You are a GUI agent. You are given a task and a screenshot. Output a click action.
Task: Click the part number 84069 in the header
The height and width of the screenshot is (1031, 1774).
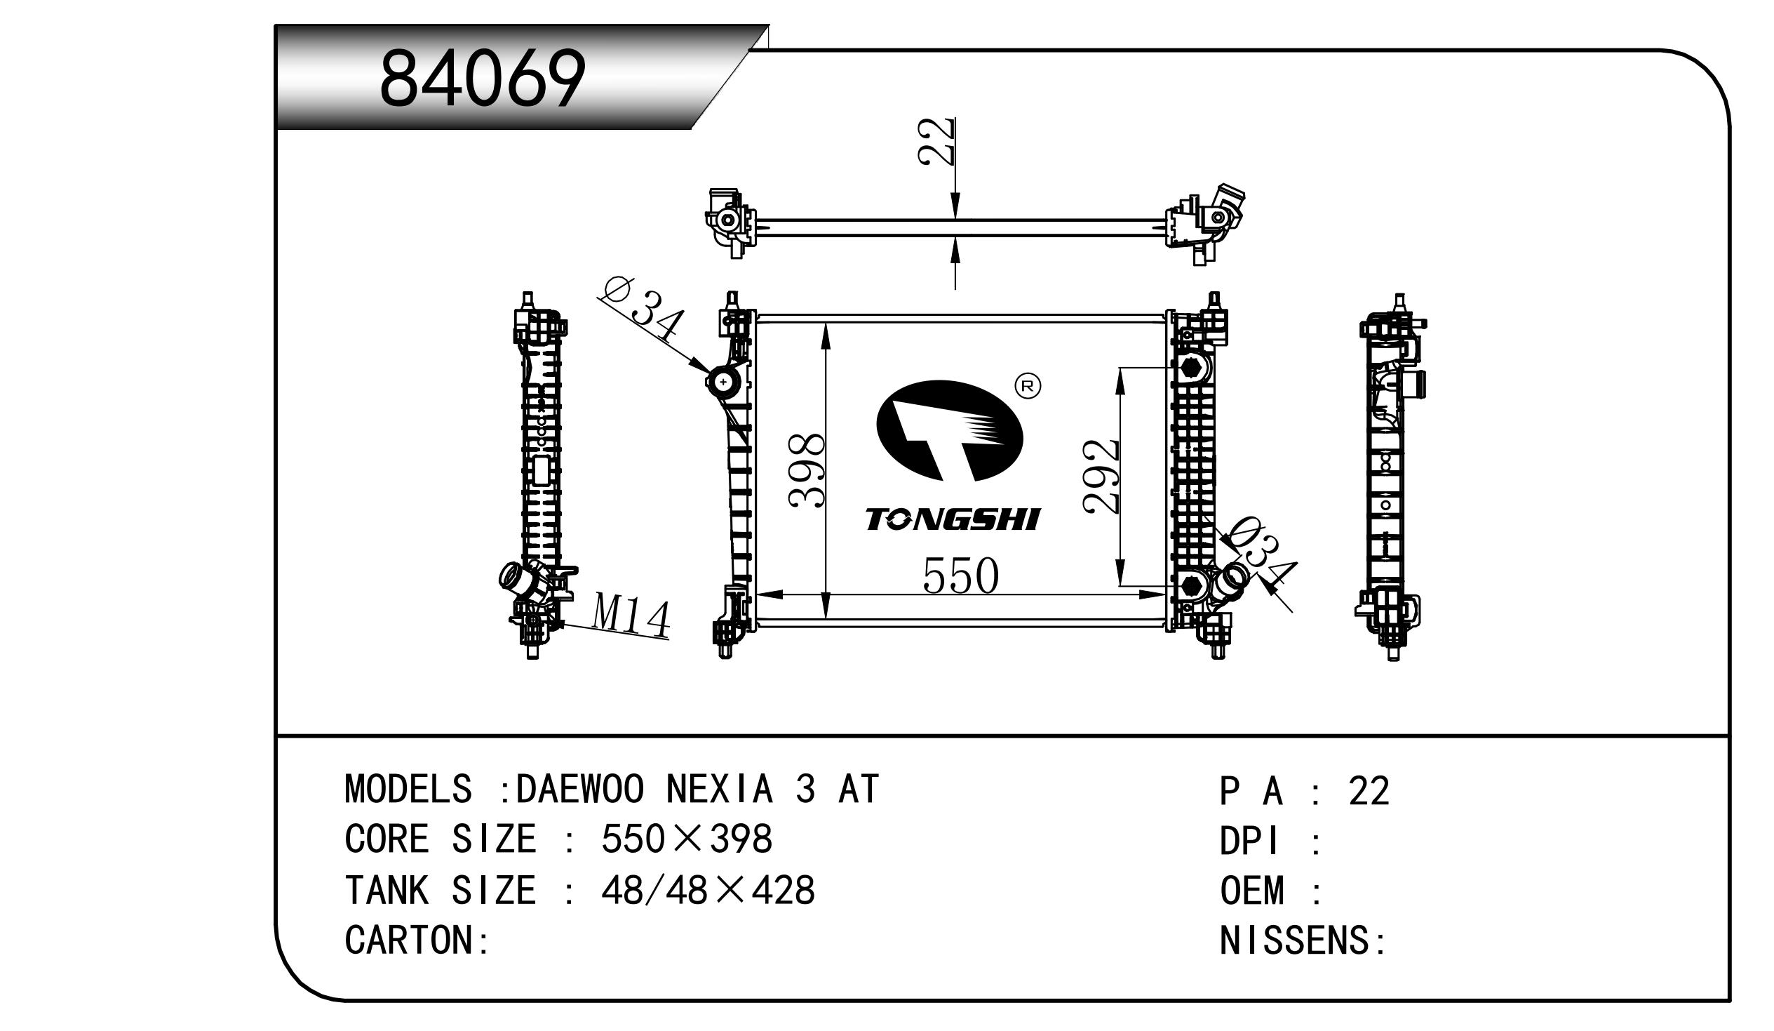[482, 79]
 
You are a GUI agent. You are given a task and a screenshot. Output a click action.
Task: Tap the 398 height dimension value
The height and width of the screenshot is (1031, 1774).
[807, 470]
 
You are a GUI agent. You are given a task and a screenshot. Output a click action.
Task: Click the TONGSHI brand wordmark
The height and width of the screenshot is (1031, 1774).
[953, 520]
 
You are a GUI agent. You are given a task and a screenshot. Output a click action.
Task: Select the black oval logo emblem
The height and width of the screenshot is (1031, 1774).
[949, 431]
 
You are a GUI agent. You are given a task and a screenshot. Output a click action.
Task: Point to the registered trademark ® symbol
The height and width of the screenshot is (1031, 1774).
[1028, 385]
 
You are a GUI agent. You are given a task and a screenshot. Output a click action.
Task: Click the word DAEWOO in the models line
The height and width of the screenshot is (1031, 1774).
[579, 789]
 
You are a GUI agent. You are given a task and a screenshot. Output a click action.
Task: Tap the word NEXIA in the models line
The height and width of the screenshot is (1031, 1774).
[719, 789]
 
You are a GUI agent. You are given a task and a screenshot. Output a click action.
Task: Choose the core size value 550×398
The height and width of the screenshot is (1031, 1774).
[686, 839]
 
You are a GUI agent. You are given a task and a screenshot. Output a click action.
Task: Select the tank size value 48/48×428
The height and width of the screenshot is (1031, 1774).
[708, 890]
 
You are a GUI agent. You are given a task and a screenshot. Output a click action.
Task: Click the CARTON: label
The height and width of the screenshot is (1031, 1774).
[417, 940]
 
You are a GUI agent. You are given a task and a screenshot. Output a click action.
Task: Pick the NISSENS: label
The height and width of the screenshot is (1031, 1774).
[1303, 940]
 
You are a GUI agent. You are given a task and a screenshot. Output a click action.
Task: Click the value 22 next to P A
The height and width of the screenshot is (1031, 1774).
[1369, 791]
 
